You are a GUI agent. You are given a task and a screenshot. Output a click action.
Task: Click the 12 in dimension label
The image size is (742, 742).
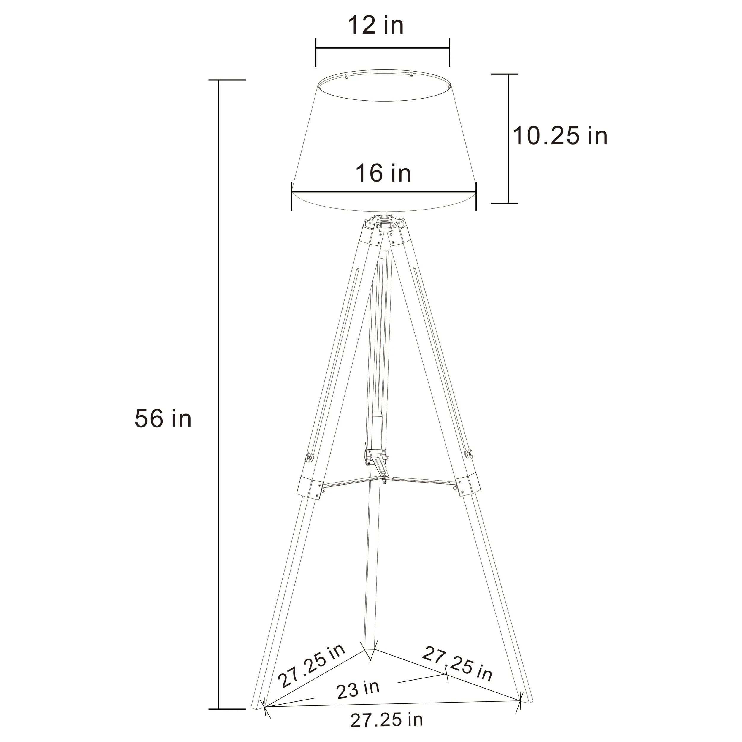tap(376, 25)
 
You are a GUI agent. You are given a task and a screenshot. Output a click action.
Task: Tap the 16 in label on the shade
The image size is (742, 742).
tap(383, 173)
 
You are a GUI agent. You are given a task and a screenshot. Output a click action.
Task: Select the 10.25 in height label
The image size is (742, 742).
tap(560, 136)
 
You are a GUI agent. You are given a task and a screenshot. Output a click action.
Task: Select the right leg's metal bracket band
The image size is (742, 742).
tap(467, 486)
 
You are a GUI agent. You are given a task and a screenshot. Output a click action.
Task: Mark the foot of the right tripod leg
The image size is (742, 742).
tap(526, 708)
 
